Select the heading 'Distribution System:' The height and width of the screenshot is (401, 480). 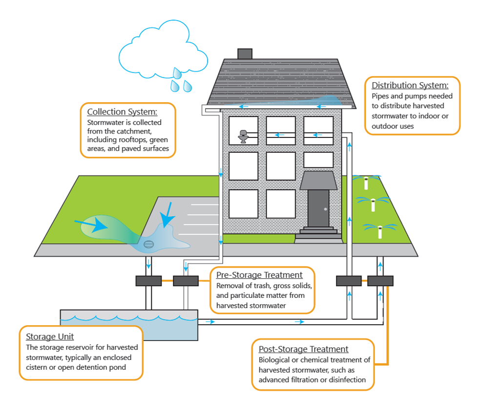click(x=410, y=86)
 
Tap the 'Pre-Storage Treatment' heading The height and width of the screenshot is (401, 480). click(x=259, y=275)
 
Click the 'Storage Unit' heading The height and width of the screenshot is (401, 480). click(x=50, y=337)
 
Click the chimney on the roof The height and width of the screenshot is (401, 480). click(x=244, y=54)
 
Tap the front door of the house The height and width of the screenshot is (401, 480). click(x=318, y=208)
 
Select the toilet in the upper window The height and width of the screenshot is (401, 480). click(x=243, y=136)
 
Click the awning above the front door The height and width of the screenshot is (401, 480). click(x=318, y=180)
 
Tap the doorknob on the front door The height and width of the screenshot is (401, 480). click(x=325, y=209)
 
